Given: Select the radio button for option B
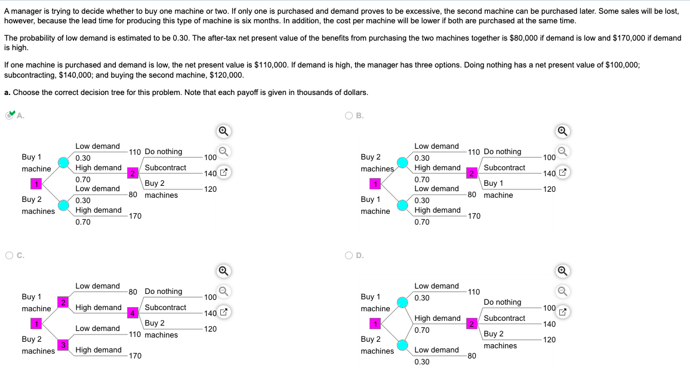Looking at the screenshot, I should pyautogui.click(x=349, y=116).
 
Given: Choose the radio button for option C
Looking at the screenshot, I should pyautogui.click(x=10, y=256).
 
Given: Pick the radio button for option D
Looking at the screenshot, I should pyautogui.click(x=349, y=256).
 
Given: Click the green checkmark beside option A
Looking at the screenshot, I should pyautogui.click(x=10, y=115).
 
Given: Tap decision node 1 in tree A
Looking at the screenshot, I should pyautogui.click(x=36, y=183).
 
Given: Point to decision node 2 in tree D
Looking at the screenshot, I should pyautogui.click(x=471, y=324).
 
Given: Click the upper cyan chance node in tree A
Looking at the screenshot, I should pyautogui.click(x=64, y=163).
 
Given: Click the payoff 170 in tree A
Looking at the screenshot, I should pyautogui.click(x=135, y=216).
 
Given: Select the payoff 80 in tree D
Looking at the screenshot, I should pyautogui.click(x=472, y=356).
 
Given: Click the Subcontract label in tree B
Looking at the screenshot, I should pyautogui.click(x=504, y=168).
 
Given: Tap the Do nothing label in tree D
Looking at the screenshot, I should pyautogui.click(x=502, y=302).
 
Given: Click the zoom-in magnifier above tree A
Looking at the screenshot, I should pyautogui.click(x=222, y=131).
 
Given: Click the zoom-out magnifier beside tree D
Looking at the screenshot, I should pyautogui.click(x=561, y=292).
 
